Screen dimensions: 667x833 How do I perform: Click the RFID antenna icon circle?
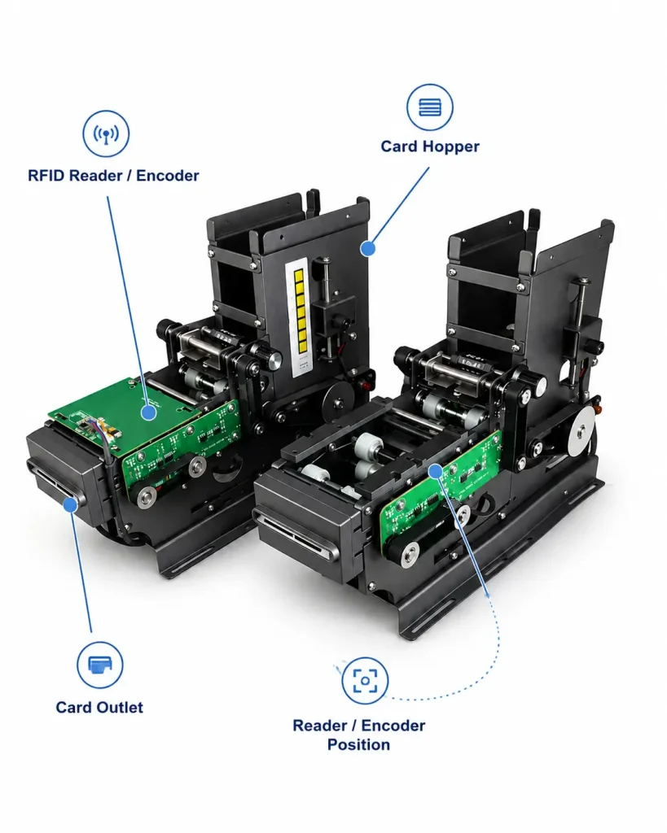tap(106, 133)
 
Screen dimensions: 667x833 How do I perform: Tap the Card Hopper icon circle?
tap(430, 107)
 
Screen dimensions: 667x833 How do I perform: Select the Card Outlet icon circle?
tap(99, 665)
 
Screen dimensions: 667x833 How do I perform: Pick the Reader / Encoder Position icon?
tap(365, 681)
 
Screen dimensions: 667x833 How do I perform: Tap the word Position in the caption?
tap(358, 745)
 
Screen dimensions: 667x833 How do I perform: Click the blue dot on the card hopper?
tap(367, 248)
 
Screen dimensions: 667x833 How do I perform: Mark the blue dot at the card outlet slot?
tap(70, 504)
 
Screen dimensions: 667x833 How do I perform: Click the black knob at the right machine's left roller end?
tap(406, 355)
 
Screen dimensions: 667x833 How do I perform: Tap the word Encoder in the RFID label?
tap(168, 176)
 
